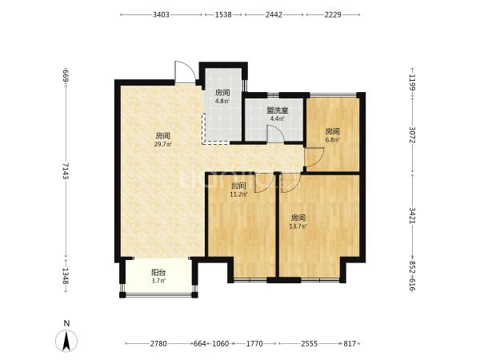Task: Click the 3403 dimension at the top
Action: [161, 14]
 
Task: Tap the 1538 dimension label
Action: [223, 14]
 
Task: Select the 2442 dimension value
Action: [274, 14]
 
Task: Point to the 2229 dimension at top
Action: [333, 14]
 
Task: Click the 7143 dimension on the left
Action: [66, 171]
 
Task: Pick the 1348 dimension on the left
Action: [66, 275]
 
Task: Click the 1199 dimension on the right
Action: [412, 82]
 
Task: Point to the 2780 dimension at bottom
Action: [158, 343]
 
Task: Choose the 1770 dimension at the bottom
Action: [254, 343]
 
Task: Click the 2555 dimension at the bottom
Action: [309, 343]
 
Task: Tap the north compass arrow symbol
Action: [66, 341]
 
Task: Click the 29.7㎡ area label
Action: [163, 144]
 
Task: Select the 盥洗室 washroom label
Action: [277, 111]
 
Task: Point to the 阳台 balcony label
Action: [158, 272]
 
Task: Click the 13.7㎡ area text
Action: [298, 226]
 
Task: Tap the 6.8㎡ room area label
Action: [332, 140]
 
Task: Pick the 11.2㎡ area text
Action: [238, 194]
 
